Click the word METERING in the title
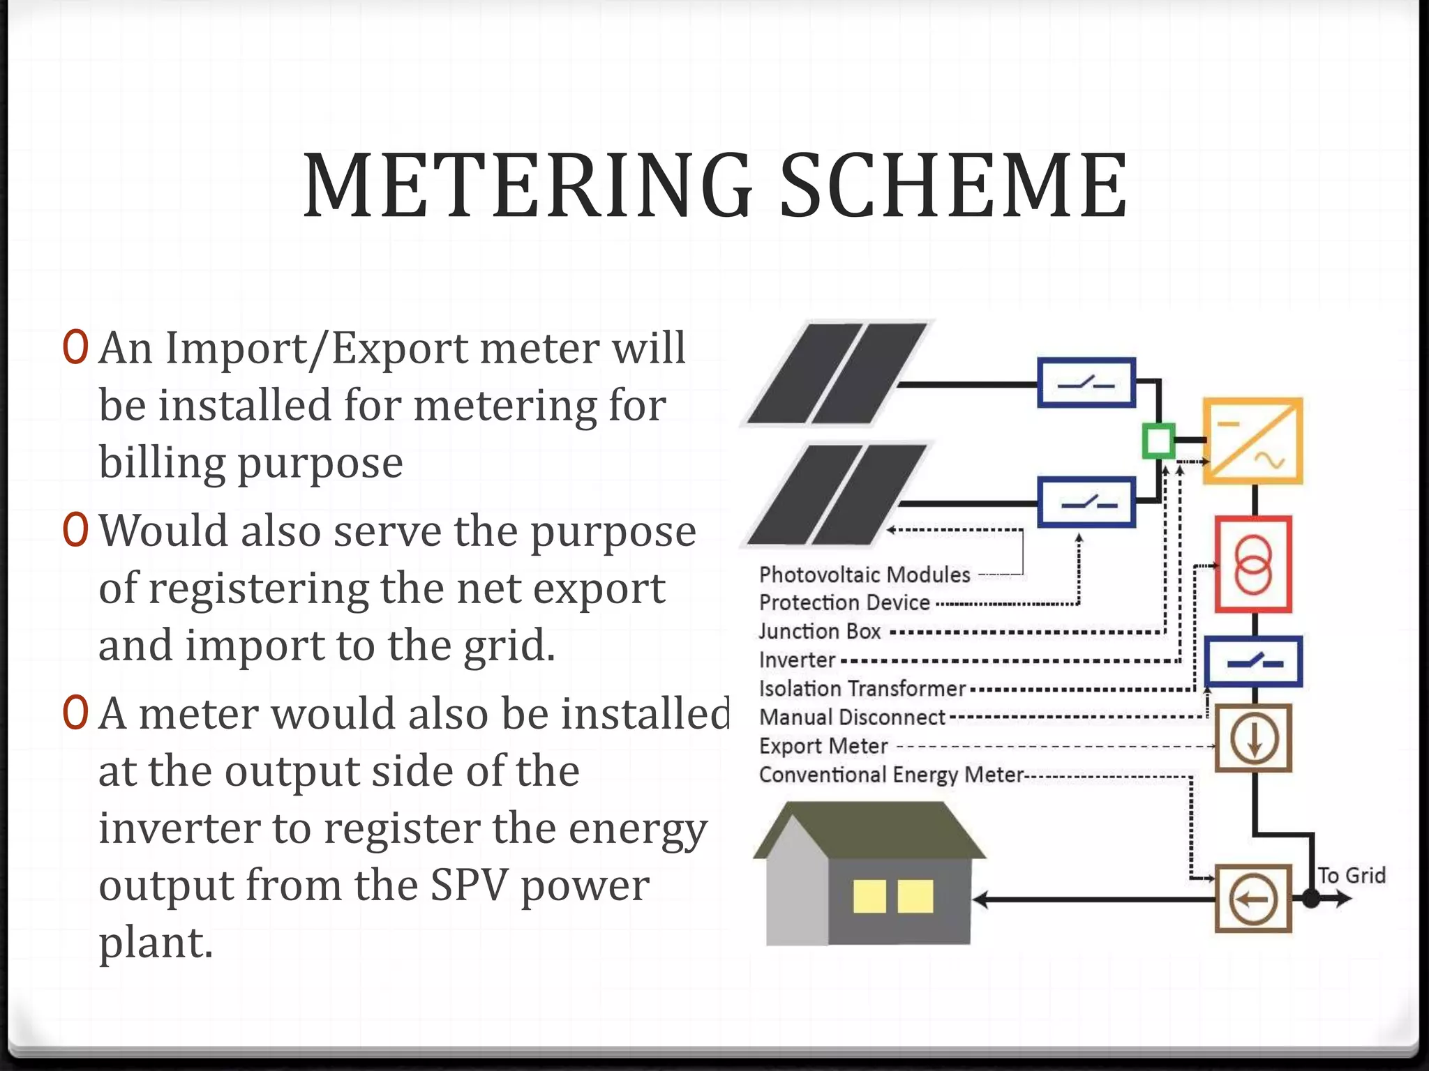pos(528,185)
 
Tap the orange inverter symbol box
pos(1252,441)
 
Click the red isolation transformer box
pos(1253,564)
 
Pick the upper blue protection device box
pos(1086,382)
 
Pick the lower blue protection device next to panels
pos(1086,502)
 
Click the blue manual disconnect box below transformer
pos(1254,662)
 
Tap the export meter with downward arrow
pos(1253,738)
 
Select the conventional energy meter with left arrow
pos(1253,899)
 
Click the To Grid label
pos(1352,875)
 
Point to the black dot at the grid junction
pos(1312,899)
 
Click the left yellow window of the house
pos(869,896)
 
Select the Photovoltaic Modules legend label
pos(865,575)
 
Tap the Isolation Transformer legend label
pos(862,689)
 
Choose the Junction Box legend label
pos(820,631)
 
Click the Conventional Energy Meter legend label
pos(891,775)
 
